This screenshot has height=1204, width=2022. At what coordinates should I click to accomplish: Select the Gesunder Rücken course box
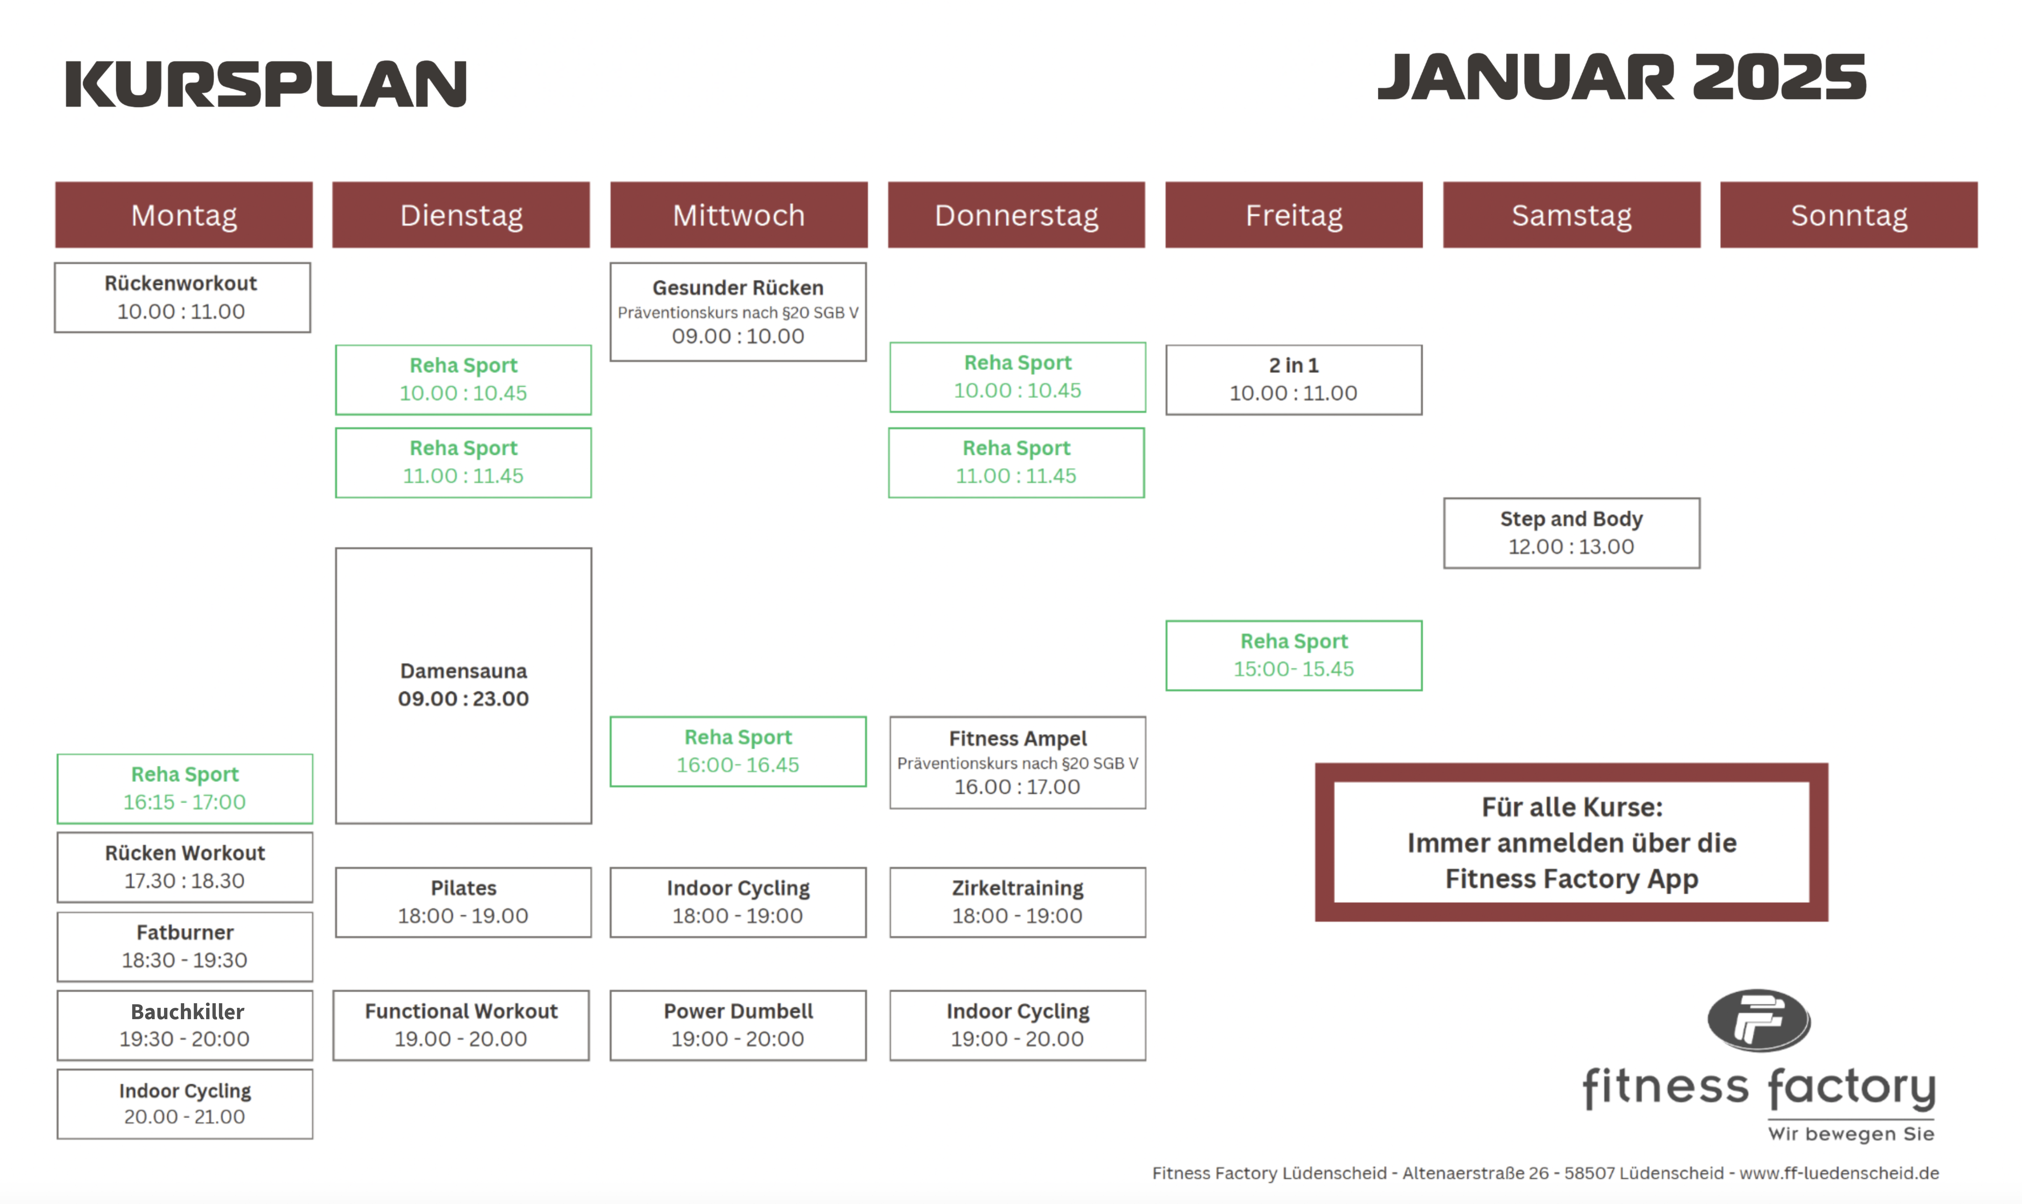[x=738, y=311]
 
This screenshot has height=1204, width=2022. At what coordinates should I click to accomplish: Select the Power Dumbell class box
[x=738, y=1025]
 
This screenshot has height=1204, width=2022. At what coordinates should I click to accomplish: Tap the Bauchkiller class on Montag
[x=185, y=1025]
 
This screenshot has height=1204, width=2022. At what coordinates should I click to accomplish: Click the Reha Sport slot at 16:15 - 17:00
[x=185, y=789]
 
